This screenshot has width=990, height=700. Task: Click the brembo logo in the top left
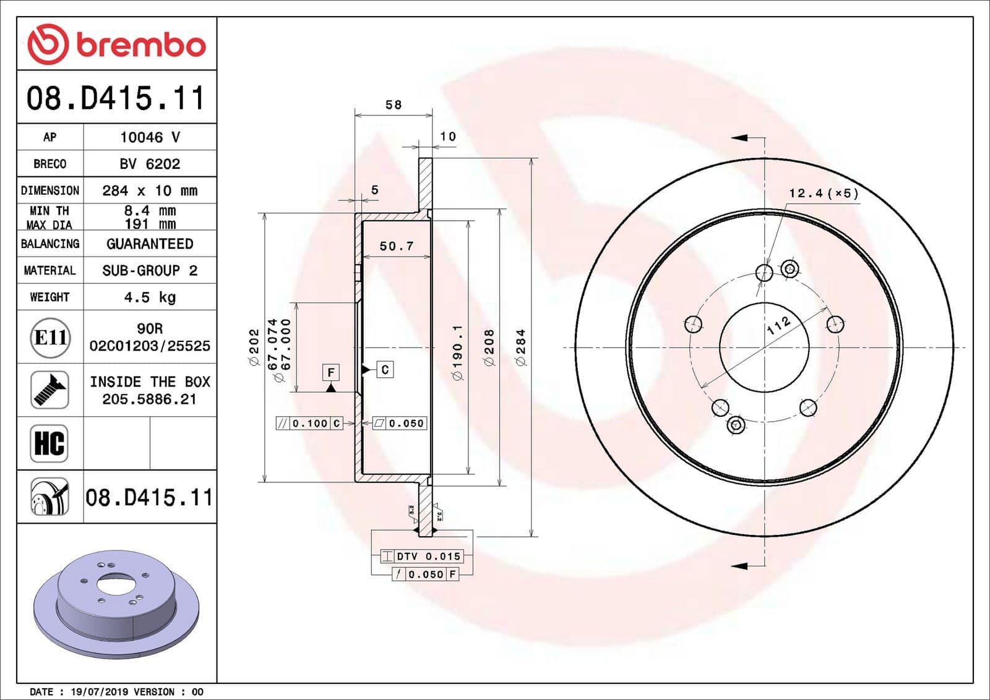click(116, 45)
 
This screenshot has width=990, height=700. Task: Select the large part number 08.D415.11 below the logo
click(115, 98)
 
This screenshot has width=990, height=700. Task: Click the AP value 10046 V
click(150, 137)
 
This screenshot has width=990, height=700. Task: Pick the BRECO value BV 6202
click(150, 164)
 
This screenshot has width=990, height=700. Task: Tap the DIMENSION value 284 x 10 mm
click(150, 190)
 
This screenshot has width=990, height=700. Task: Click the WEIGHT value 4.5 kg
click(150, 297)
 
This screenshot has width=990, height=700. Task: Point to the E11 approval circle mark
click(50, 338)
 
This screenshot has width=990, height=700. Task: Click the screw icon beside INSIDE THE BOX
click(49, 390)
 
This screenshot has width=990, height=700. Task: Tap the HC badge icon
click(49, 443)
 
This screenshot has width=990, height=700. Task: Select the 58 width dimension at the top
click(394, 105)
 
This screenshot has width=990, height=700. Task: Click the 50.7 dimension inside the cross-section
click(396, 246)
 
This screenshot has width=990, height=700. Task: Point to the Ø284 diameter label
click(520, 347)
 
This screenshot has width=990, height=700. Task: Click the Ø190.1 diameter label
click(457, 353)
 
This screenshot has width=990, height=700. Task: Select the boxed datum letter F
click(331, 372)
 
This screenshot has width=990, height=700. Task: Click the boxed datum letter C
click(385, 370)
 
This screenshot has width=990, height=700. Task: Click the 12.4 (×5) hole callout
click(824, 194)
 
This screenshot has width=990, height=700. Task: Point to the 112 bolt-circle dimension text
click(778, 325)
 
